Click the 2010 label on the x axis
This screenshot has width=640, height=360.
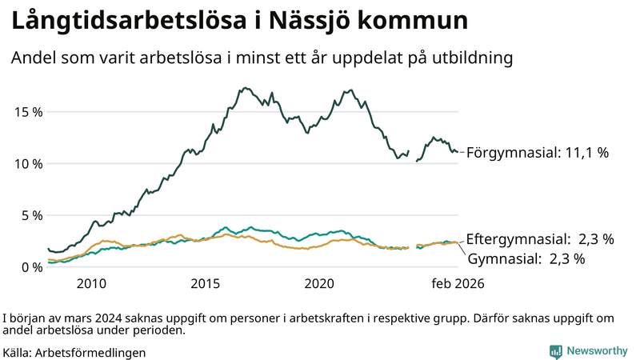point(91,283)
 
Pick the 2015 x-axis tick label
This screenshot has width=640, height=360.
point(206,283)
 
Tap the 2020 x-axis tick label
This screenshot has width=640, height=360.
point(320,283)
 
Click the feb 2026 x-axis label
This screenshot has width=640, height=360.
point(458,283)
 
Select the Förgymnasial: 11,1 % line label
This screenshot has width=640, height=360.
point(538,152)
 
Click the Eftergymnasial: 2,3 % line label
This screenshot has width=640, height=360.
point(540,238)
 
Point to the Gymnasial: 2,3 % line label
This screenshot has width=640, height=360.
point(526,258)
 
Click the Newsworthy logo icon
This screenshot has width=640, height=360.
point(555,351)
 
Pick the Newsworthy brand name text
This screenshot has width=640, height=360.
point(597,351)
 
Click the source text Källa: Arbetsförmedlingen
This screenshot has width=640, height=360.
point(74,352)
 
